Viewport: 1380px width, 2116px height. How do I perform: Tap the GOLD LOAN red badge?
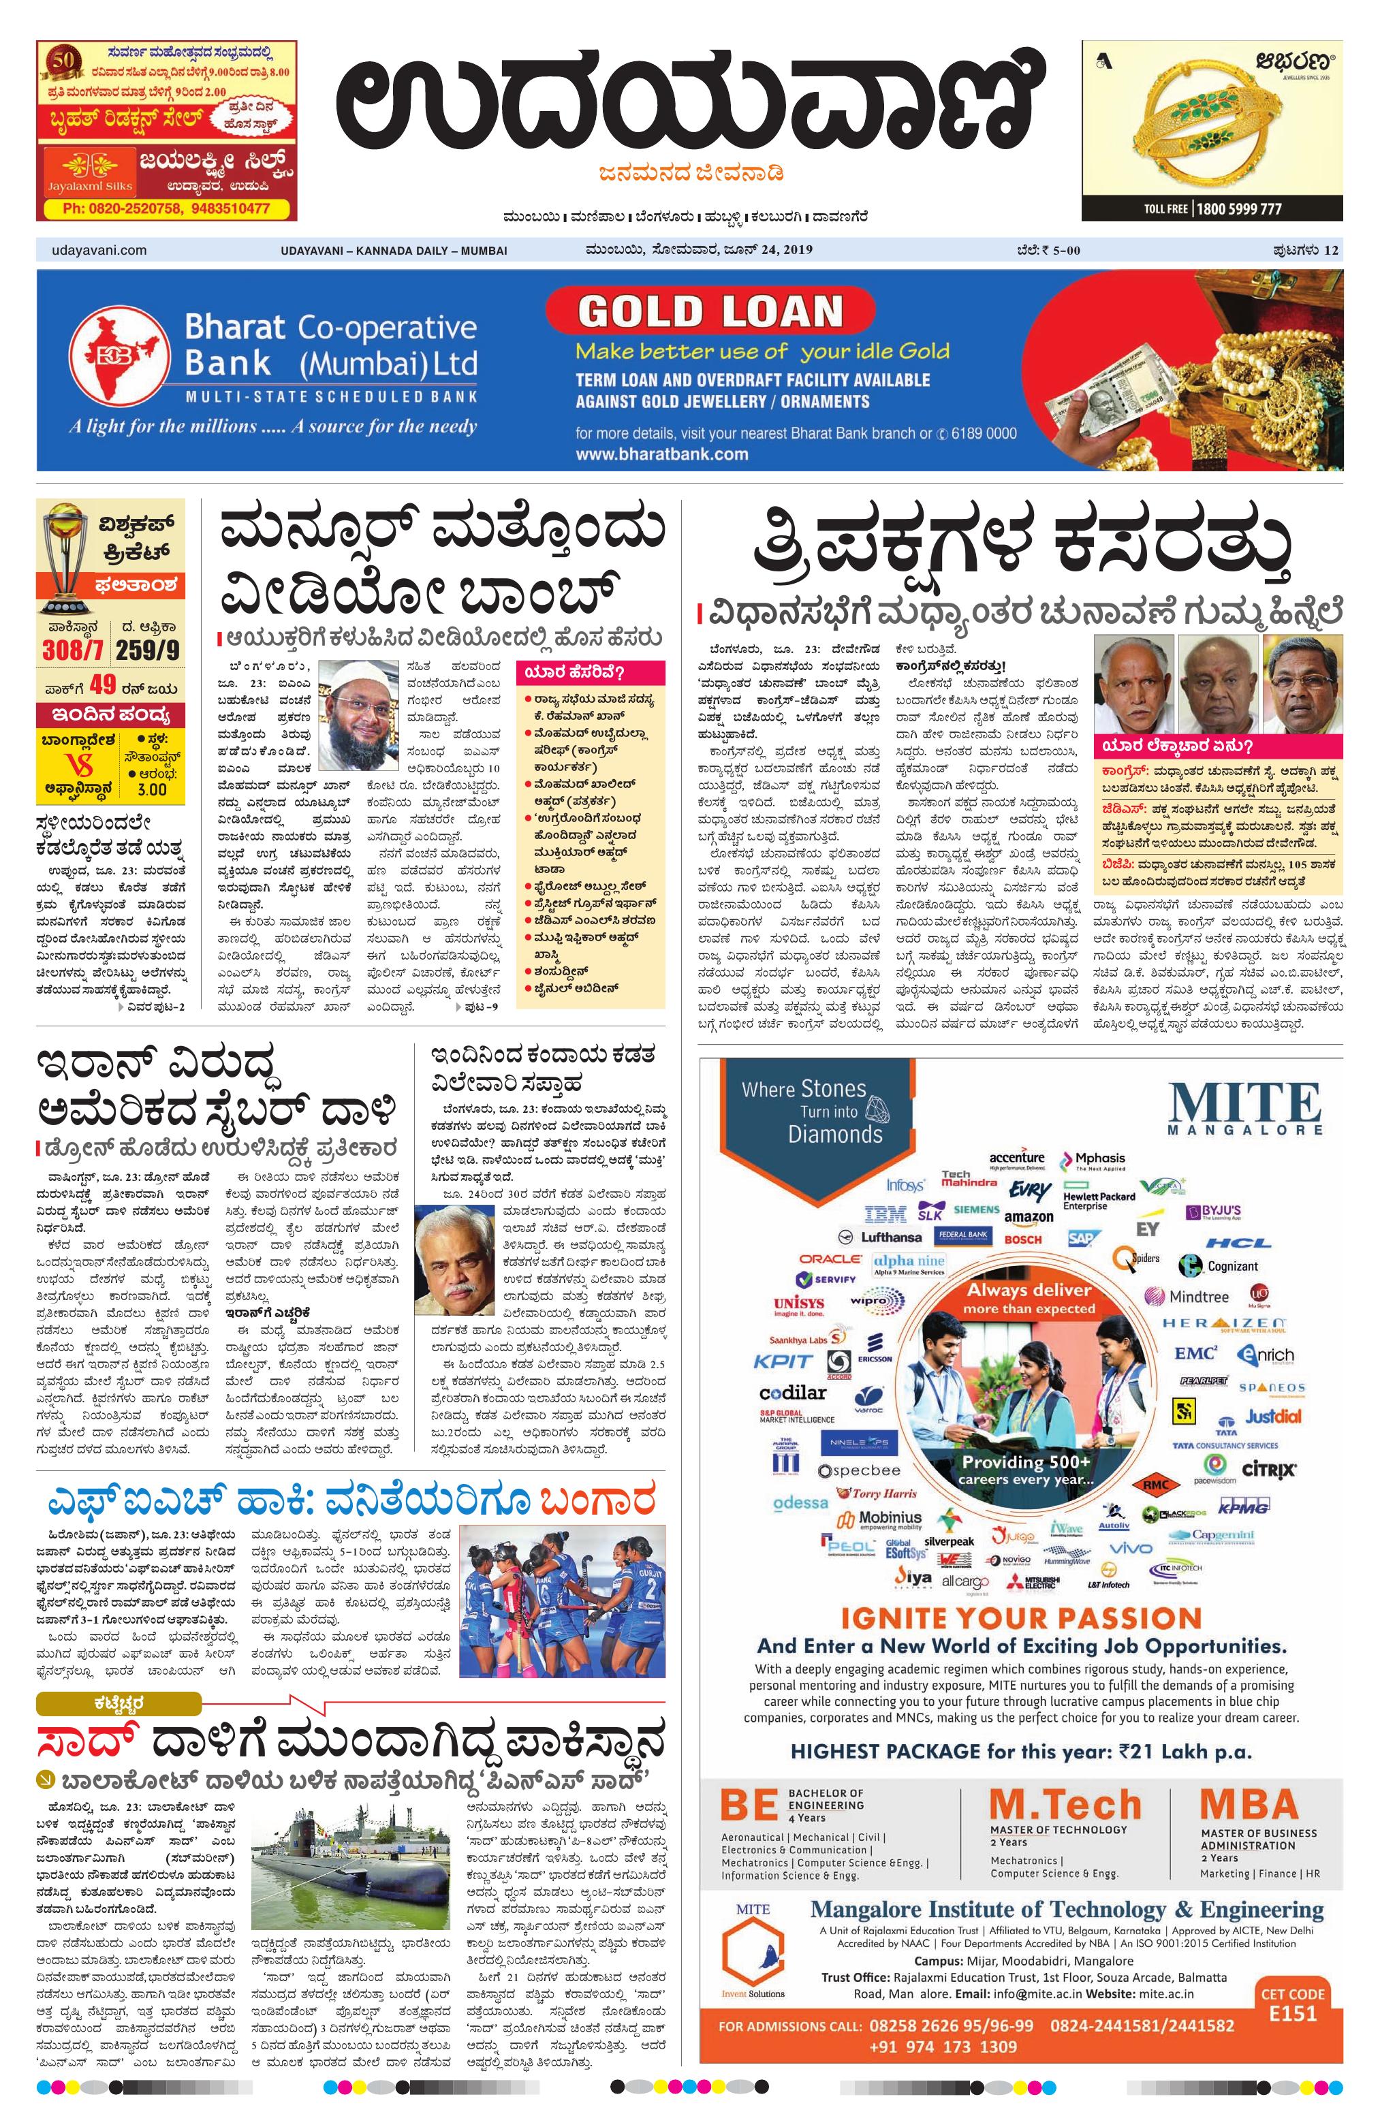coord(710,311)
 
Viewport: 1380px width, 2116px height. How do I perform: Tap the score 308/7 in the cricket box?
coord(73,649)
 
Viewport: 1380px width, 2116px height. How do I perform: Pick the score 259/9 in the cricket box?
coord(148,649)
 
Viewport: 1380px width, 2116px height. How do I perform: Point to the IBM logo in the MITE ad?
coord(885,1214)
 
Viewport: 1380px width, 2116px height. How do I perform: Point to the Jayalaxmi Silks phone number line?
coord(166,208)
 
